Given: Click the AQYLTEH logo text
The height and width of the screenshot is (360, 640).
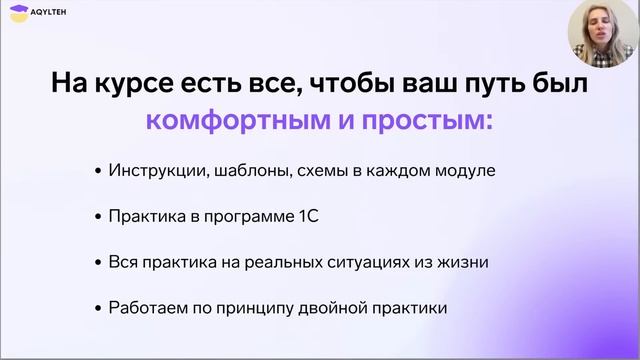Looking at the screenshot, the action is click(48, 12).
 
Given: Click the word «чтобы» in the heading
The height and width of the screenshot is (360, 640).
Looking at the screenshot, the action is click(353, 83).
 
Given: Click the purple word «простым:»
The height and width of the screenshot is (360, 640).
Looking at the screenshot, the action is click(427, 122).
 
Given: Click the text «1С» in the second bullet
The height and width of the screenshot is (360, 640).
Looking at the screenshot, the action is click(308, 216).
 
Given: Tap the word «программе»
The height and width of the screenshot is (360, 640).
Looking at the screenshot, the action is click(249, 217).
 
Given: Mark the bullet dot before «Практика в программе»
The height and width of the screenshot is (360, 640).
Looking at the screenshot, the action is click(98, 217).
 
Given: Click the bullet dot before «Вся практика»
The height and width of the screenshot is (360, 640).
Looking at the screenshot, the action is click(98, 263).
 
